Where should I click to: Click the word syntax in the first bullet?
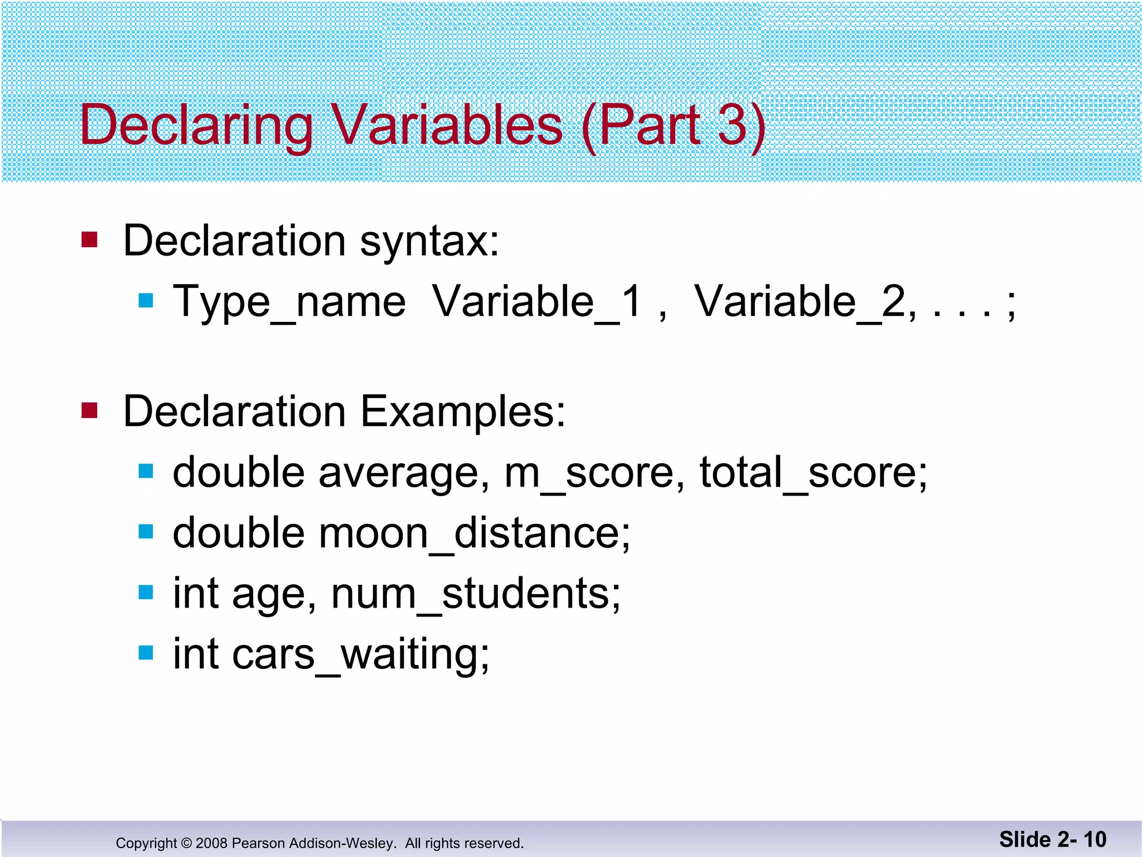click(429, 242)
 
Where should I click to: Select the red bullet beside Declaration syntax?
click(89, 240)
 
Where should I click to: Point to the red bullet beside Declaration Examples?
click(89, 411)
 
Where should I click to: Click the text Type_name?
click(289, 302)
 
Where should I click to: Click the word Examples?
click(463, 412)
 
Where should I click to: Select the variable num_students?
click(476, 594)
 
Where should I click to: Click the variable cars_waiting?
click(361, 654)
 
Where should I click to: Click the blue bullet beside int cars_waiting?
click(146, 653)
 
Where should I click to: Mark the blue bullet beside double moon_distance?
click(146, 532)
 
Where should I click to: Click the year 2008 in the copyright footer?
click(211, 843)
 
